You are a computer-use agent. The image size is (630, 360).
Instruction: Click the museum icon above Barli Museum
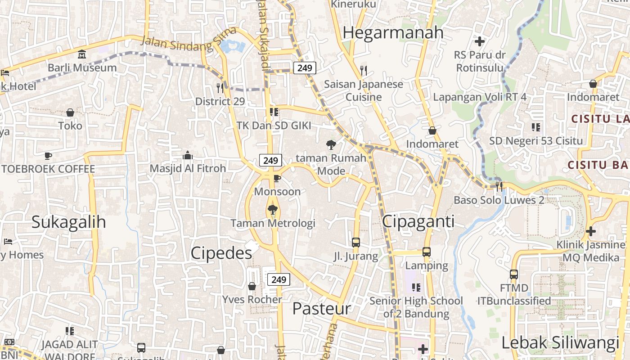pyautogui.click(x=82, y=54)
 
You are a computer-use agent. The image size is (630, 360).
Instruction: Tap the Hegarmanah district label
pyautogui.click(x=393, y=33)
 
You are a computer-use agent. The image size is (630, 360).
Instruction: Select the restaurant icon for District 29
pyautogui.click(x=220, y=87)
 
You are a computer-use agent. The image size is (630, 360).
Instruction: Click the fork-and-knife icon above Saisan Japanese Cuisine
pyautogui.click(x=364, y=70)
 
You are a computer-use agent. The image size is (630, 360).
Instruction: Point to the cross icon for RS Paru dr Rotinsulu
pyautogui.click(x=480, y=41)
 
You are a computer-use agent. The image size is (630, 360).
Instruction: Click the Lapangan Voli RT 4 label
pyautogui.click(x=480, y=97)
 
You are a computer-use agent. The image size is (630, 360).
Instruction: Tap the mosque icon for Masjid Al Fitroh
pyautogui.click(x=188, y=156)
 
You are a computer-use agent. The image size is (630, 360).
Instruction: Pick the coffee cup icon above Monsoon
pyautogui.click(x=277, y=179)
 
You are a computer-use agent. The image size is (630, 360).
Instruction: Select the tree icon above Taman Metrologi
pyautogui.click(x=272, y=209)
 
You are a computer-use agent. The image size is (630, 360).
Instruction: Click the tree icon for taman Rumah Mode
pyautogui.click(x=331, y=144)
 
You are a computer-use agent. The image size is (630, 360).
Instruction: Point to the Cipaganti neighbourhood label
pyautogui.click(x=418, y=221)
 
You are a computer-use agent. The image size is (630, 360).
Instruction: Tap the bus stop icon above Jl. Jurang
pyautogui.click(x=356, y=243)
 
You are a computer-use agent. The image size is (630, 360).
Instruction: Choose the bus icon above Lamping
pyautogui.click(x=427, y=252)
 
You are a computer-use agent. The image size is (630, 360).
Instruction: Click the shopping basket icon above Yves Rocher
pyautogui.click(x=252, y=286)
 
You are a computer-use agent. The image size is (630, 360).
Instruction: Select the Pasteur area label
pyautogui.click(x=321, y=309)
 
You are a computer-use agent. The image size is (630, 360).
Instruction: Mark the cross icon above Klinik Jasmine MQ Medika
pyautogui.click(x=591, y=231)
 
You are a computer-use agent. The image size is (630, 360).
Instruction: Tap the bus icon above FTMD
pyautogui.click(x=514, y=274)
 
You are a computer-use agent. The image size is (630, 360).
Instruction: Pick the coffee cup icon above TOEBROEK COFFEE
pyautogui.click(x=48, y=156)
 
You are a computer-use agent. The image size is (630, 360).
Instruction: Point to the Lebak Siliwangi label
pyautogui.click(x=560, y=343)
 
